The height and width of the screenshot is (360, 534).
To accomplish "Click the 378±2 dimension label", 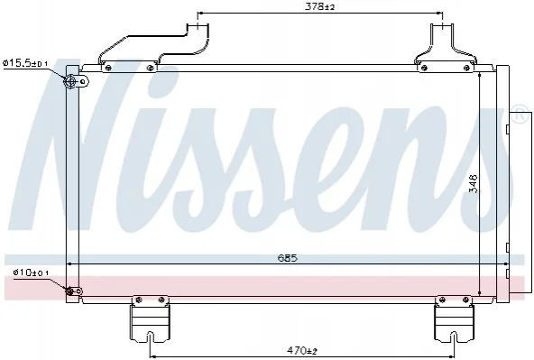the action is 320,6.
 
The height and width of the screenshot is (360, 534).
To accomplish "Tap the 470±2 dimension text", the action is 302,350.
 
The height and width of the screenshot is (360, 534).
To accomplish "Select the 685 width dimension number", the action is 288,258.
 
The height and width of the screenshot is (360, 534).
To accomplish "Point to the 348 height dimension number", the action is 474,184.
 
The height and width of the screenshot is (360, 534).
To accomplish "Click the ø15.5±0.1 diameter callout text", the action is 25,63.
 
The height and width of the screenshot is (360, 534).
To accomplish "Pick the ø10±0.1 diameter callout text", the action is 31,272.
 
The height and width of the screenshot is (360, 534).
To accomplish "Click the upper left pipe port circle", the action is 71,81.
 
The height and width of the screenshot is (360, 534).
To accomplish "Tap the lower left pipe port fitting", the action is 70,291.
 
